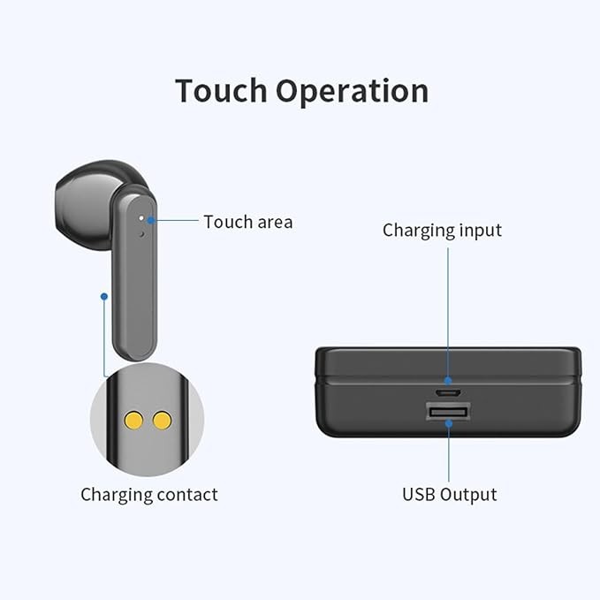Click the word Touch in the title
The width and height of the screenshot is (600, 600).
[221, 90]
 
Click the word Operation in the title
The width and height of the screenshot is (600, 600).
[352, 92]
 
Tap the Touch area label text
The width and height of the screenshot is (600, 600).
[248, 222]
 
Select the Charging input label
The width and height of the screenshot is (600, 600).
[442, 231]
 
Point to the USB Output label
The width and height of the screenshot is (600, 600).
[449, 494]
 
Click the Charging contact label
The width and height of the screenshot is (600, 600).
[149, 494]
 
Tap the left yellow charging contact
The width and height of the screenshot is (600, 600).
[133, 421]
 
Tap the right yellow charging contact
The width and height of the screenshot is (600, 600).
[162, 421]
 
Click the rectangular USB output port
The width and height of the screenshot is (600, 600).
[448, 412]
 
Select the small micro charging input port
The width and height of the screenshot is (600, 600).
[447, 392]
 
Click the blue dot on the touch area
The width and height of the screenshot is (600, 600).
[151, 220]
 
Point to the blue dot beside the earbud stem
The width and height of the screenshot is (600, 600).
[104, 297]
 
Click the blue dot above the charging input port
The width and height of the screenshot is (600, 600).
[448, 381]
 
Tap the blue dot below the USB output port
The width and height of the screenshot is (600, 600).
[449, 423]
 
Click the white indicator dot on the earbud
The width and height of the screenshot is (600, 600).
[141, 217]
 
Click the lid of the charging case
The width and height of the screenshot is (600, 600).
[448, 363]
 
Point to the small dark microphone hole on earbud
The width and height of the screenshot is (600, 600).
[142, 234]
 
